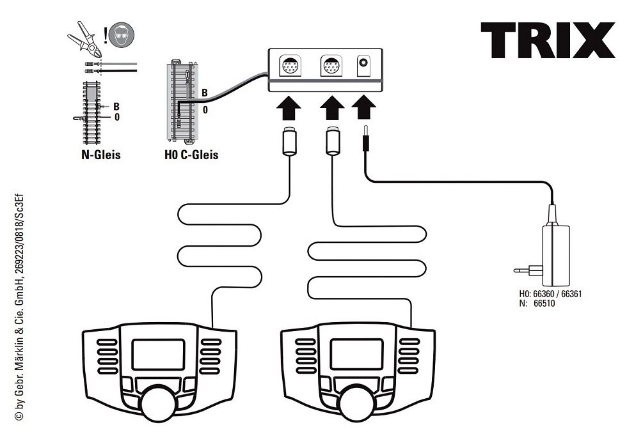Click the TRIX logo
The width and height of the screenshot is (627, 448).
pyautogui.click(x=548, y=41)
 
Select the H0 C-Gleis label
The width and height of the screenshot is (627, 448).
pyautogui.click(x=191, y=154)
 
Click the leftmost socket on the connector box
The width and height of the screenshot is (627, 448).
pyautogui.click(x=290, y=66)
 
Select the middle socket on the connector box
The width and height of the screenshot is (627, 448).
pyautogui.click(x=331, y=66)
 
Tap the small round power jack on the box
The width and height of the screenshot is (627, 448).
pyautogui.click(x=364, y=65)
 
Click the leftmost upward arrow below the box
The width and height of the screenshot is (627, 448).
pyautogui.click(x=289, y=107)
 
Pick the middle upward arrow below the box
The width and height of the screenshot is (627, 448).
pyautogui.click(x=331, y=107)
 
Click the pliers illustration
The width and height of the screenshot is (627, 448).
pyautogui.click(x=85, y=40)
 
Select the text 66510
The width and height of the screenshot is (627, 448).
pyautogui.click(x=543, y=304)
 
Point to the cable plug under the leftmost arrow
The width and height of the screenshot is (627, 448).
pyautogui.click(x=289, y=142)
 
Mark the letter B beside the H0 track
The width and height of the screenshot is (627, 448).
pyautogui.click(x=204, y=93)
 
